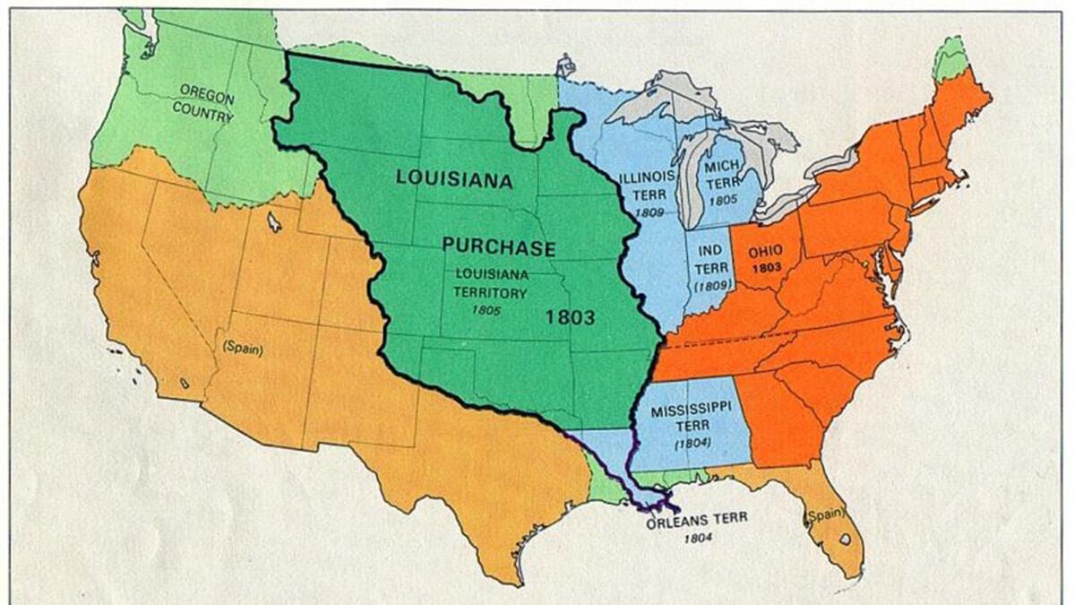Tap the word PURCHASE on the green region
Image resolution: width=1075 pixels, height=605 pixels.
[498, 248]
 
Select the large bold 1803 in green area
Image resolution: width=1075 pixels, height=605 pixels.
[571, 316]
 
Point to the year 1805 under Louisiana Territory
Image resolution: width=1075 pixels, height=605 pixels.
[489, 309]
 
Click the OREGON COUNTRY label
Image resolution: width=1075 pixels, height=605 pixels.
[207, 103]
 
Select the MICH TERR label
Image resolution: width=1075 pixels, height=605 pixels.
[722, 176]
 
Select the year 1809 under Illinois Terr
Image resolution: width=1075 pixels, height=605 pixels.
[646, 212]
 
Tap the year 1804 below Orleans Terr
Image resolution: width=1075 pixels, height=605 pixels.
[696, 538]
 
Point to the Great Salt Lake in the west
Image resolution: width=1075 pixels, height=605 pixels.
[274, 220]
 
